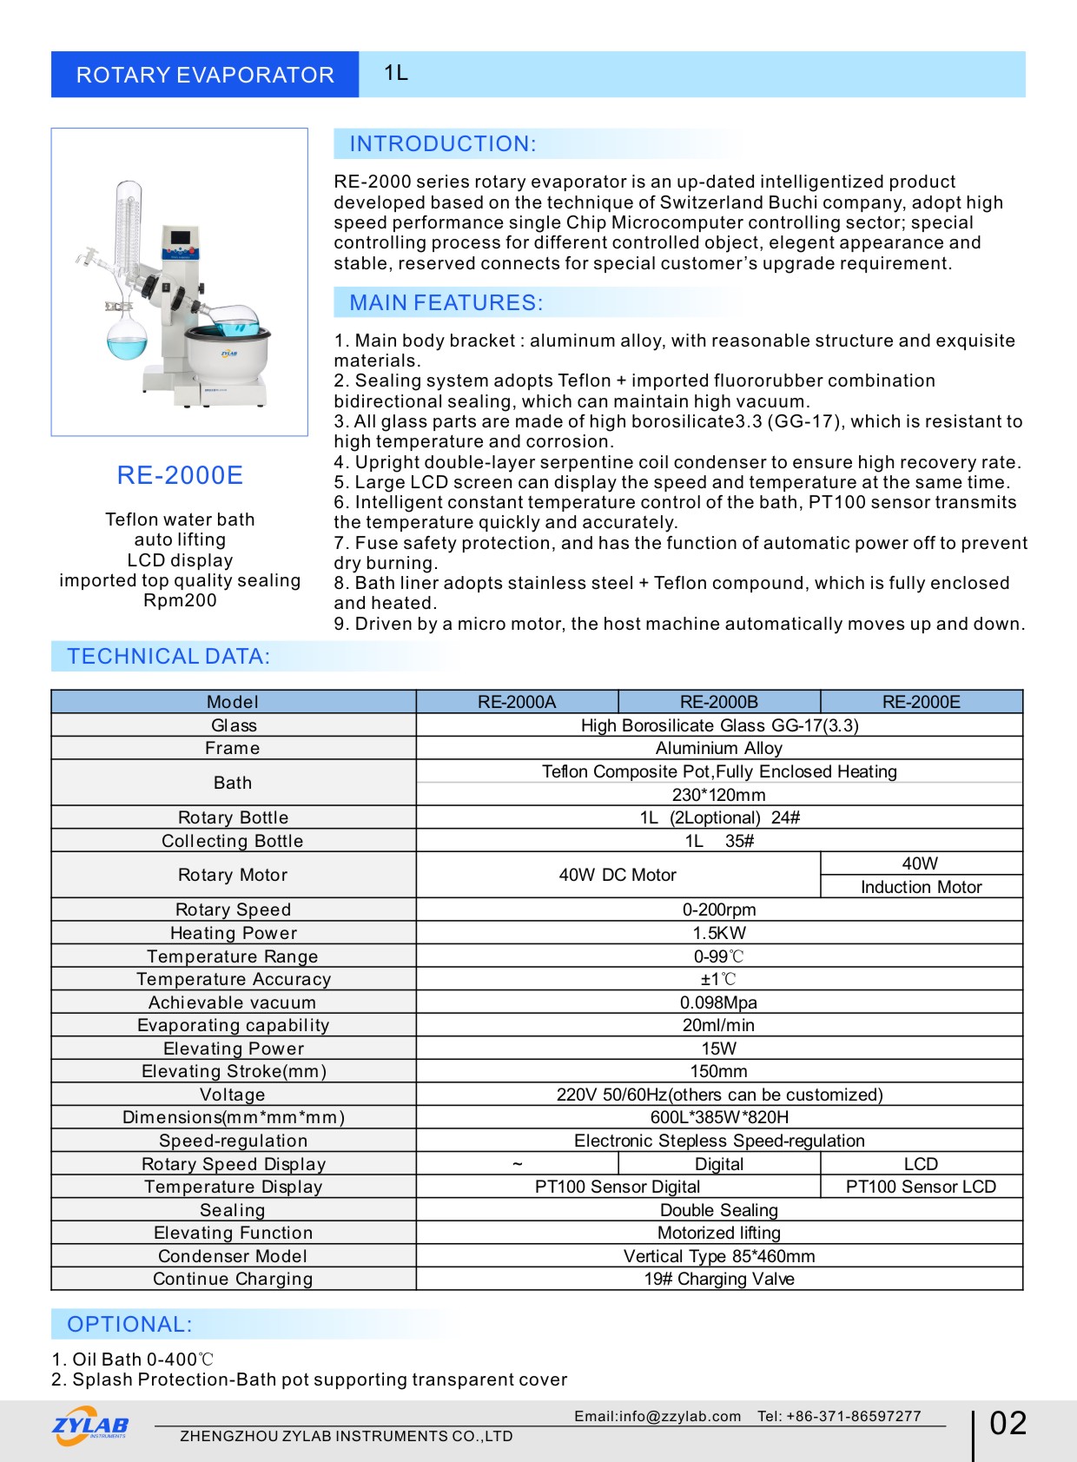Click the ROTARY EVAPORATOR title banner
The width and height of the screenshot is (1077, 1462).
205,75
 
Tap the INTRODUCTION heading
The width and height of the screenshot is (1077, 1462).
442,144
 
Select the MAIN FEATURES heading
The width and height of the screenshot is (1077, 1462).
446,303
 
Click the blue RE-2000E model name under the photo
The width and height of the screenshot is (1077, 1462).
180,475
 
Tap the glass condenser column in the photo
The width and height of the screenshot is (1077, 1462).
129,225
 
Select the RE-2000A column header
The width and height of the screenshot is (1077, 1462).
517,702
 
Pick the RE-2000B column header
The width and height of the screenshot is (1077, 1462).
719,702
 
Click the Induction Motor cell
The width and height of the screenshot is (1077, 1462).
921,887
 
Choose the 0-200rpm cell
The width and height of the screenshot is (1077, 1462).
719,910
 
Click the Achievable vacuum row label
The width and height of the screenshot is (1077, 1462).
233,1002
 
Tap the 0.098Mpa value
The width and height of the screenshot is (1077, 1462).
719,1002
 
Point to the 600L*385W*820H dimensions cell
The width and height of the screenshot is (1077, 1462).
719,1117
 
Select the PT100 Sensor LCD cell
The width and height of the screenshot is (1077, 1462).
921,1187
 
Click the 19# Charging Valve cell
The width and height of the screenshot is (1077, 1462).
719,1279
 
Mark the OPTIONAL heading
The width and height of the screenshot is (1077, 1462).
129,1325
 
